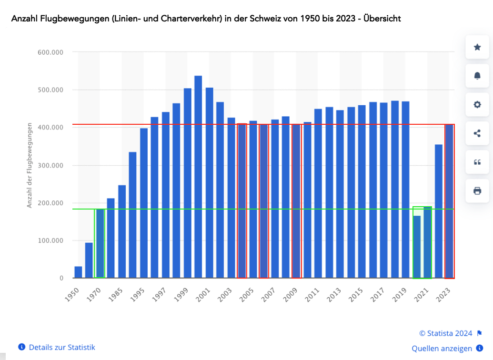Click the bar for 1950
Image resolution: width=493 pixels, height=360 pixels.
[x=78, y=272]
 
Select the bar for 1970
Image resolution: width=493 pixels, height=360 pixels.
[x=100, y=243]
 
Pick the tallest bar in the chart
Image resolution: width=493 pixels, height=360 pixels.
[x=198, y=177]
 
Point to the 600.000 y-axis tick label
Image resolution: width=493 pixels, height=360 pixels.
[x=50, y=52]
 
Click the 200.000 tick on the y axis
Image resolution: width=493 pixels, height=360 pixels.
[x=50, y=203]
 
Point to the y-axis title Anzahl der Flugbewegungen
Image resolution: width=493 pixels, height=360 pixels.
[x=29, y=165]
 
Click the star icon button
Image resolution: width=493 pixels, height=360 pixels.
[x=477, y=47]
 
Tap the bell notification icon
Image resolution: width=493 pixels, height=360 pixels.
[x=477, y=76]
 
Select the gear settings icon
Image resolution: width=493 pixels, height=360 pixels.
[x=477, y=105]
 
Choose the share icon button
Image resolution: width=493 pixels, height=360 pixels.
[x=477, y=133]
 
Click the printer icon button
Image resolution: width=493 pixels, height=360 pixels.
[x=477, y=191]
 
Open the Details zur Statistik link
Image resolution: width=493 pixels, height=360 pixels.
[x=62, y=347]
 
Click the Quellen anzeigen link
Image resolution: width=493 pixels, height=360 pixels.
[x=442, y=349]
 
